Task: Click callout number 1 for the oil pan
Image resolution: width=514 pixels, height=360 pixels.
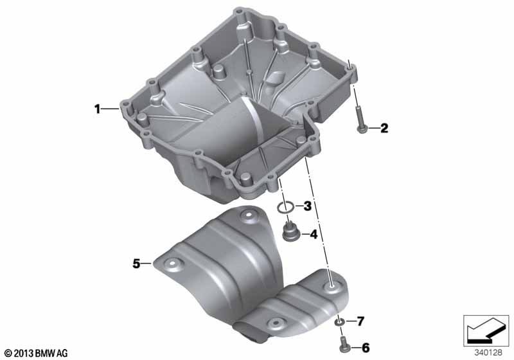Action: point(98,109)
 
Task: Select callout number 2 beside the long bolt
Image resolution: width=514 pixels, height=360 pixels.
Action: point(384,128)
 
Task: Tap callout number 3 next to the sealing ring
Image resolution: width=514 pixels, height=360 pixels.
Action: point(307,206)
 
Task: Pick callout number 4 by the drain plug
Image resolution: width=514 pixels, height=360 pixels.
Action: point(314,235)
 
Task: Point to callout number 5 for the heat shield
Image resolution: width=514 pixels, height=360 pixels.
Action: point(136,264)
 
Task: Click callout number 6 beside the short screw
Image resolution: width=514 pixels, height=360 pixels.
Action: point(366,348)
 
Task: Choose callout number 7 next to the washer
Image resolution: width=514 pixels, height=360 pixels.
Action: point(360,321)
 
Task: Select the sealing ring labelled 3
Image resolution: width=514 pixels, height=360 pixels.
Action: point(285,207)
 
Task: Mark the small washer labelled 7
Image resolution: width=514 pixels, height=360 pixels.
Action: point(339,321)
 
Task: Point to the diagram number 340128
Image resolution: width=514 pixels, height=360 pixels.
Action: point(488,353)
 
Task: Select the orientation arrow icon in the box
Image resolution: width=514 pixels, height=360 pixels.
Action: point(486,330)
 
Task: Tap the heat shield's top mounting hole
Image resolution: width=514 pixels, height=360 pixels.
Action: point(248,215)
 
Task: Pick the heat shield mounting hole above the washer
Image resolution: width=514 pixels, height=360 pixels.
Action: point(331,286)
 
